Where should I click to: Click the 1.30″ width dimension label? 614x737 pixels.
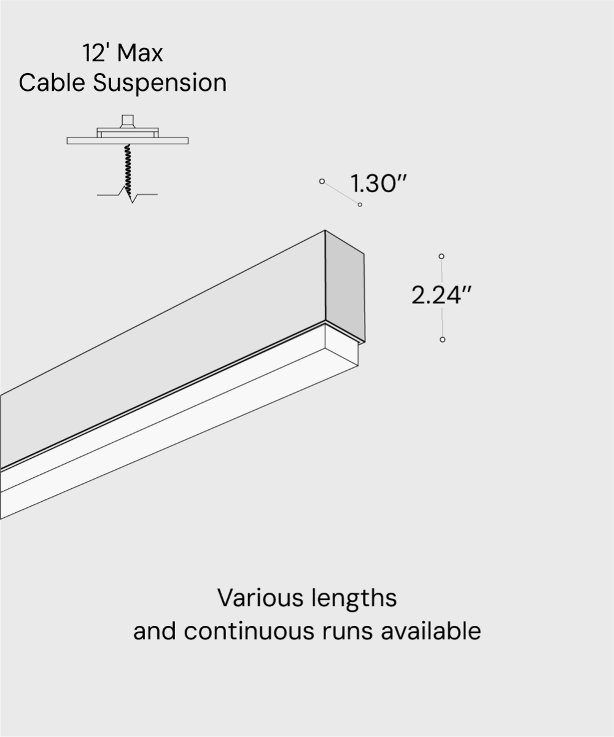point(379,184)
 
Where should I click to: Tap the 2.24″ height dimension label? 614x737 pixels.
point(441,295)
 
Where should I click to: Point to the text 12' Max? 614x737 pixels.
point(123,53)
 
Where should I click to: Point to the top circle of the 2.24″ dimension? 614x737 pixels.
point(441,256)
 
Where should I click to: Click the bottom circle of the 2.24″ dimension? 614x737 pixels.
point(442,340)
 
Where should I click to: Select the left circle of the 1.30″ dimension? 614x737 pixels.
point(322,181)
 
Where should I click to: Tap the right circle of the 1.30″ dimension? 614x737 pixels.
point(360,205)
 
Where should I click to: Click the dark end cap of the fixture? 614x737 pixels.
point(344,286)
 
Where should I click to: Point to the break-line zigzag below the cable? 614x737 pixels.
point(131,196)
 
